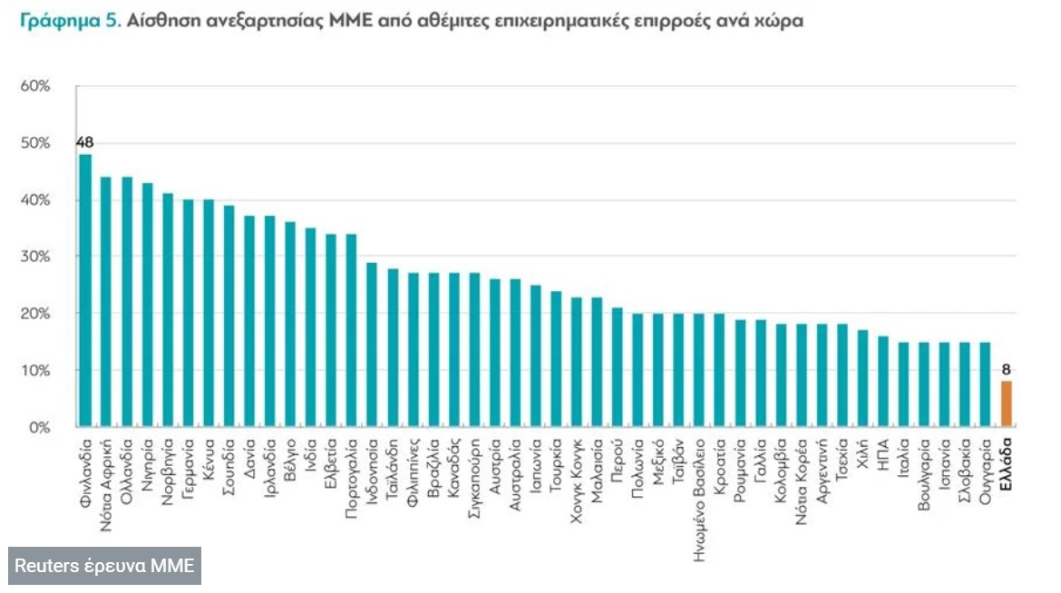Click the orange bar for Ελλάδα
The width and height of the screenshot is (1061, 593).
coord(1006,403)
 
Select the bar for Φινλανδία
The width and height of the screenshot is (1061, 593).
coord(85,290)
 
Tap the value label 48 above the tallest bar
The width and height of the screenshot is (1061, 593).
coord(85,142)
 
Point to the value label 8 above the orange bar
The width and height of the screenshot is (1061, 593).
coord(1006,369)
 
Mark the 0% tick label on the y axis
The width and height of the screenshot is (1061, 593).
coord(39,427)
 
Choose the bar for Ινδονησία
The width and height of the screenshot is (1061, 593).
coord(372,345)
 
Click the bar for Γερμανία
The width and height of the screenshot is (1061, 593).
coord(188,313)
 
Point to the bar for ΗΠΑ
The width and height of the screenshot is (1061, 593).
coord(883,381)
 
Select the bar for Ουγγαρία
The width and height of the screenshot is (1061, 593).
coord(986,384)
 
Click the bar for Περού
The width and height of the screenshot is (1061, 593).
coord(618,367)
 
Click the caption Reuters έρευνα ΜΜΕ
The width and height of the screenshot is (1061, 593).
coord(105,566)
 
